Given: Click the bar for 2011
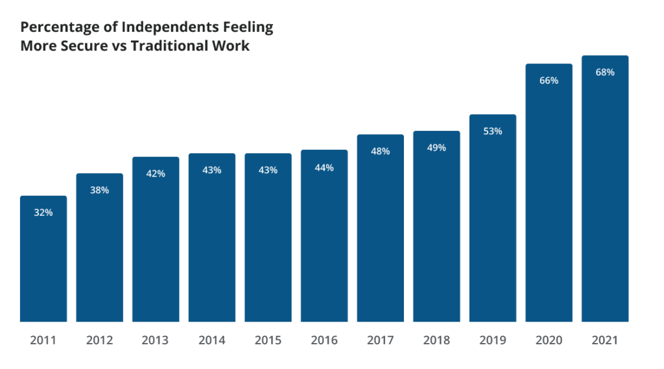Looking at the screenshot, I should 43,259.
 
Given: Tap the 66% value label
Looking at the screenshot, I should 549,80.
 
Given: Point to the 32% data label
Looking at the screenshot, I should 43,212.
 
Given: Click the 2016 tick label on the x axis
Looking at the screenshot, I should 324,340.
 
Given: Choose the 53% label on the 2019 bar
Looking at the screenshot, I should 493,131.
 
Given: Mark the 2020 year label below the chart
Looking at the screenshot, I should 549,340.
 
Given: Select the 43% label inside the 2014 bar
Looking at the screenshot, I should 212,170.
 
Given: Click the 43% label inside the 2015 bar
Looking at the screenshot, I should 268,170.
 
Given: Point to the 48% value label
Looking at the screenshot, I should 380,151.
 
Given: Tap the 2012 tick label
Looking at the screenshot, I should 99,340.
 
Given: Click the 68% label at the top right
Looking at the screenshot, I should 605,72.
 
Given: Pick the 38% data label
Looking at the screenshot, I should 99,190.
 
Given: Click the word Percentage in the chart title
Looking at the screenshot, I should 54,27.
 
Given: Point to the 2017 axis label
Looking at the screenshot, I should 380,340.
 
